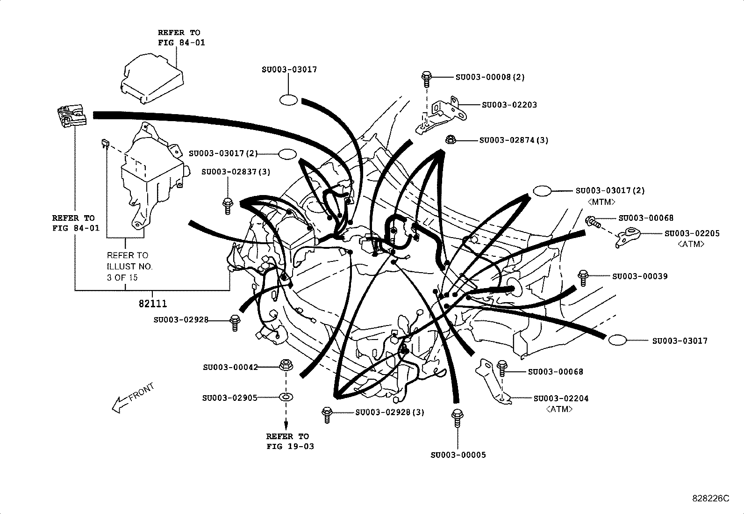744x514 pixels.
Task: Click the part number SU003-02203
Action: point(509,105)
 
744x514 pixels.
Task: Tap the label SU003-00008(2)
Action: point(489,77)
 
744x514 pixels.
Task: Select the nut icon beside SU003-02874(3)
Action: point(451,139)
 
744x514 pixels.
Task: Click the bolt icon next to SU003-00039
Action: point(582,277)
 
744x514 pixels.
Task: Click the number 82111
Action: point(152,304)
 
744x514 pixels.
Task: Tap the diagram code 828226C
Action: point(710,499)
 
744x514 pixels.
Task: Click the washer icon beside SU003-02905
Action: point(286,398)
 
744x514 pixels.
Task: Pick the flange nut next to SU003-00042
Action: point(286,365)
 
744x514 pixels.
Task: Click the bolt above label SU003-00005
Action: point(457,418)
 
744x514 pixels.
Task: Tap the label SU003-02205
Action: point(692,233)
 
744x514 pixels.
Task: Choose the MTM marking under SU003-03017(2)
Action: point(601,202)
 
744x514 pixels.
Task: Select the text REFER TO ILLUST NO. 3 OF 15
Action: point(129,266)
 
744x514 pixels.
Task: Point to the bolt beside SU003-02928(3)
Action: point(326,415)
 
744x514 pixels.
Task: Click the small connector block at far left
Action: point(72,116)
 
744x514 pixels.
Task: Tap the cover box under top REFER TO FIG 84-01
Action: point(150,78)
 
